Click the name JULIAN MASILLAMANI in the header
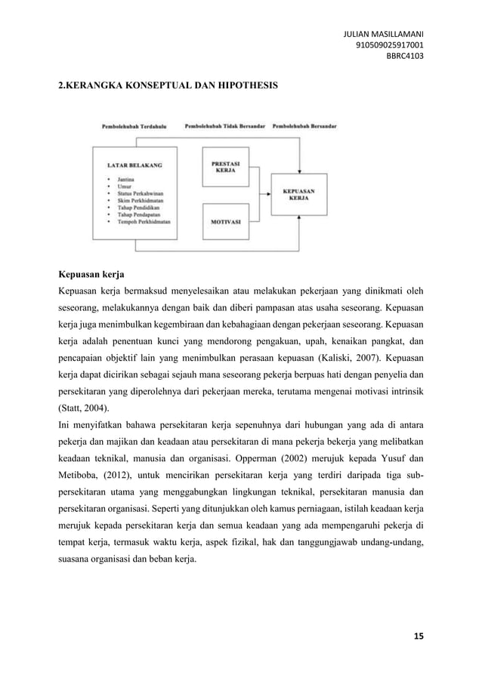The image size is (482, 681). coord(383,34)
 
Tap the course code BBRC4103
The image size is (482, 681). coord(405,54)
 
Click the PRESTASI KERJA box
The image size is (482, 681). coord(227,168)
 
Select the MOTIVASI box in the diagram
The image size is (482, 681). coord(227,223)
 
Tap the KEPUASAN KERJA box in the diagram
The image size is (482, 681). coord(299,195)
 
